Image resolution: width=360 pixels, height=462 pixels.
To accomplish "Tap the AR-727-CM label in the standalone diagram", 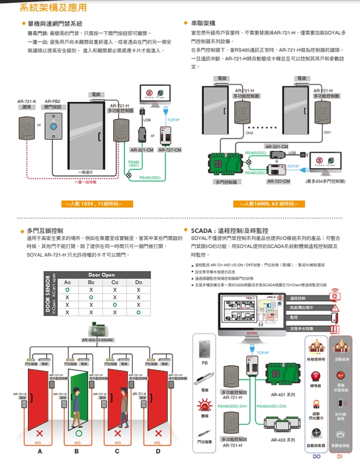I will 169,150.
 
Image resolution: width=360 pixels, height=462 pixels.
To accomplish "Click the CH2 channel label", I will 250,133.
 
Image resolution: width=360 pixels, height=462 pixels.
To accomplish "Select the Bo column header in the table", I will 91,282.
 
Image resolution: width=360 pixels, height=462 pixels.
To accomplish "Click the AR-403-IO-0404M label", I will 98,340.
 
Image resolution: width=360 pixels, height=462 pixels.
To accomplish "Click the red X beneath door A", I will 39,434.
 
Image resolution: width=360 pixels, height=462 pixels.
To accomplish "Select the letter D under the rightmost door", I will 157,452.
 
